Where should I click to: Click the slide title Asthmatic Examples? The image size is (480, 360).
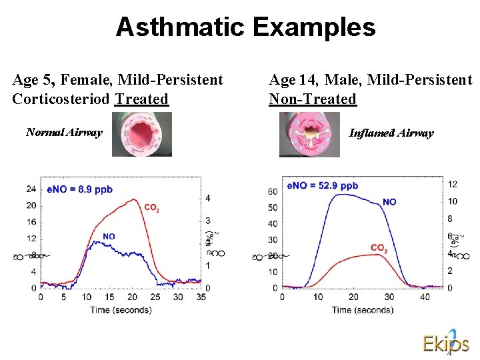click(245, 27)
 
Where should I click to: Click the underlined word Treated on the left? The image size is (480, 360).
click(141, 99)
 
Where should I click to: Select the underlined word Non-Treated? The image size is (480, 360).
click(312, 99)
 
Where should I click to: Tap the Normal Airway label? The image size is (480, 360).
click(64, 132)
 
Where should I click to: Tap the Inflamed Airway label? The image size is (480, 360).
click(391, 133)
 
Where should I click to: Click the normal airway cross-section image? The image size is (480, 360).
click(141, 134)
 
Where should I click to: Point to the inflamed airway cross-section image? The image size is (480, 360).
click(309, 134)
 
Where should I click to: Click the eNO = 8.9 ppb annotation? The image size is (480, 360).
click(79, 189)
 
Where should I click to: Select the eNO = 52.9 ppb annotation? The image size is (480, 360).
click(322, 185)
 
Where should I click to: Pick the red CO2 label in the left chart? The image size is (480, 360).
click(151, 208)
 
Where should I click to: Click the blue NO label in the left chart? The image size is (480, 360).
click(109, 236)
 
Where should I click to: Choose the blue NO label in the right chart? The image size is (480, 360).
click(389, 201)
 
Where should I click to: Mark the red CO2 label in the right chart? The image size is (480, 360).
click(379, 249)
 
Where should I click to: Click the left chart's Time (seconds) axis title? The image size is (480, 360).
click(121, 309)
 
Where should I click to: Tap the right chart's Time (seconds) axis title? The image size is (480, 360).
click(363, 309)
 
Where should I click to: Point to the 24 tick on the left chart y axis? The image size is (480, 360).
click(31, 189)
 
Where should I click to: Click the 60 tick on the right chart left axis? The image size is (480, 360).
click(272, 192)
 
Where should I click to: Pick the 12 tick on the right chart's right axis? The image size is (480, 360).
click(452, 184)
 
